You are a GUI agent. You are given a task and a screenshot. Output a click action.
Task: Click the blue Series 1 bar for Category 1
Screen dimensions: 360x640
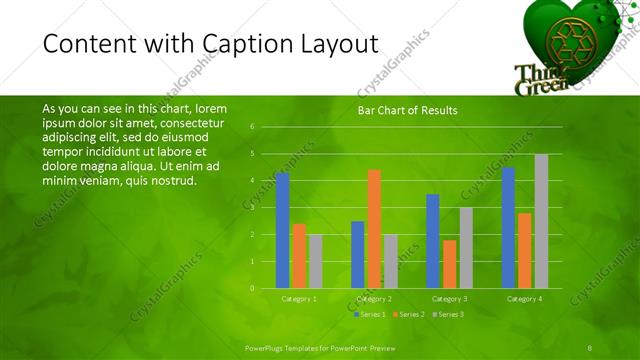tap(282, 230)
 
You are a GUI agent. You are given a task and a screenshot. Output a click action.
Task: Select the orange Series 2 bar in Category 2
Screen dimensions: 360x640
tap(374, 229)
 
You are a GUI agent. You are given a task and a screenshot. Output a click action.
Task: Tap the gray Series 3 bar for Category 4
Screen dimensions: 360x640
tap(541, 221)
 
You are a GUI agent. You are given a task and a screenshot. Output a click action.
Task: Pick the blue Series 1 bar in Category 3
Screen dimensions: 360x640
tap(433, 241)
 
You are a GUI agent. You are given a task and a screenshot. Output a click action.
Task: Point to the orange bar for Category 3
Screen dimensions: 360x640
tap(449, 264)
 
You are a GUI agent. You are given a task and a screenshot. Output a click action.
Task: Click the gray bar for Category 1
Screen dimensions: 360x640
tap(316, 261)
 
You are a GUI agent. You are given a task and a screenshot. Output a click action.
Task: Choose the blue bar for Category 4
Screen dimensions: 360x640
tap(508, 227)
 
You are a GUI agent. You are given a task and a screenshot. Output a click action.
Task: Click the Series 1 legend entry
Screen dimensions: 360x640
tap(371, 314)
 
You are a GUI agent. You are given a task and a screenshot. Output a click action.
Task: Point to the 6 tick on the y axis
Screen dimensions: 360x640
tap(252, 127)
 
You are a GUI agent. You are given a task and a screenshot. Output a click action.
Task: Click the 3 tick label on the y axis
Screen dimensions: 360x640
tap(252, 208)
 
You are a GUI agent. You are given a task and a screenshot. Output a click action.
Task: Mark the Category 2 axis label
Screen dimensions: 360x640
tap(374, 298)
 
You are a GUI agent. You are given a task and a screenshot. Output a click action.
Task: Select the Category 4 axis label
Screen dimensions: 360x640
tap(524, 298)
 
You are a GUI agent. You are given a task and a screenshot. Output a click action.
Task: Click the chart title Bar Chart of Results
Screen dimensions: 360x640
tap(407, 110)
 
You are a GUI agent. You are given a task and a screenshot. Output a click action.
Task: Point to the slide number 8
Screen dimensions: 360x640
tap(590, 346)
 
